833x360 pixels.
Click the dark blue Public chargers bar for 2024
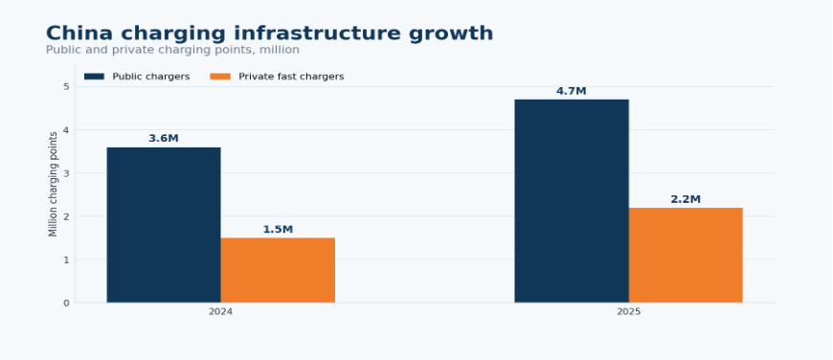[164, 225]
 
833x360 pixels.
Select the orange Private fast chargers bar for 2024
[278, 270]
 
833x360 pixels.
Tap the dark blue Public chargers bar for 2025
[572, 201]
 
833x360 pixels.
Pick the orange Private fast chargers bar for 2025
[686, 256]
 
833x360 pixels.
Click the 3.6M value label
[164, 139]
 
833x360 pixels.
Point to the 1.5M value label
[278, 230]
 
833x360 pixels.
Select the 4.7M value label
[572, 91]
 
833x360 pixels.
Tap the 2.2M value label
[686, 200]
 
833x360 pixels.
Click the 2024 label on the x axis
[220, 312]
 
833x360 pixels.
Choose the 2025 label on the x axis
[629, 312]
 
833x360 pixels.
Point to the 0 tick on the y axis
[66, 304]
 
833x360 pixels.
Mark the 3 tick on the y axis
[66, 173]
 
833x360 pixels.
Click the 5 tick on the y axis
[66, 86]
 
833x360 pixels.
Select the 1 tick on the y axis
[66, 259]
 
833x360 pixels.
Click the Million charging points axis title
[53, 185]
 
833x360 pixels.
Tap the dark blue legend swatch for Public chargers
[94, 77]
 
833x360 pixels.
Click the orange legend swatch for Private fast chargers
[220, 77]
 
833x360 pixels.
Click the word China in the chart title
[79, 34]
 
